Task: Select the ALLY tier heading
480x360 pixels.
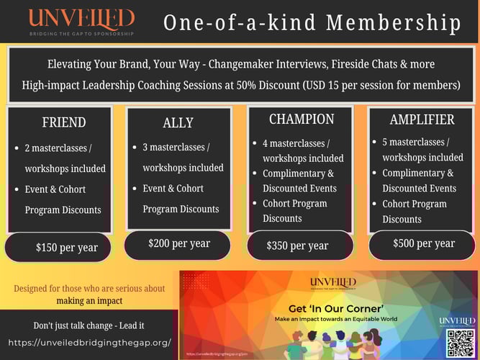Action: [x=178, y=122]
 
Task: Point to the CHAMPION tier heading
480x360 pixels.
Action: [x=301, y=119]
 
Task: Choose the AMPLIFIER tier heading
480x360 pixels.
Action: [x=421, y=120]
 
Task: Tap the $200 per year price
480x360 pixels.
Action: [x=179, y=243]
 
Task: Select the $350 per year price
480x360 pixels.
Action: [x=297, y=246]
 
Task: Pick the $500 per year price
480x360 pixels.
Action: [x=424, y=243]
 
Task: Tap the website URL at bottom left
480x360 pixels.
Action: [x=92, y=342]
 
